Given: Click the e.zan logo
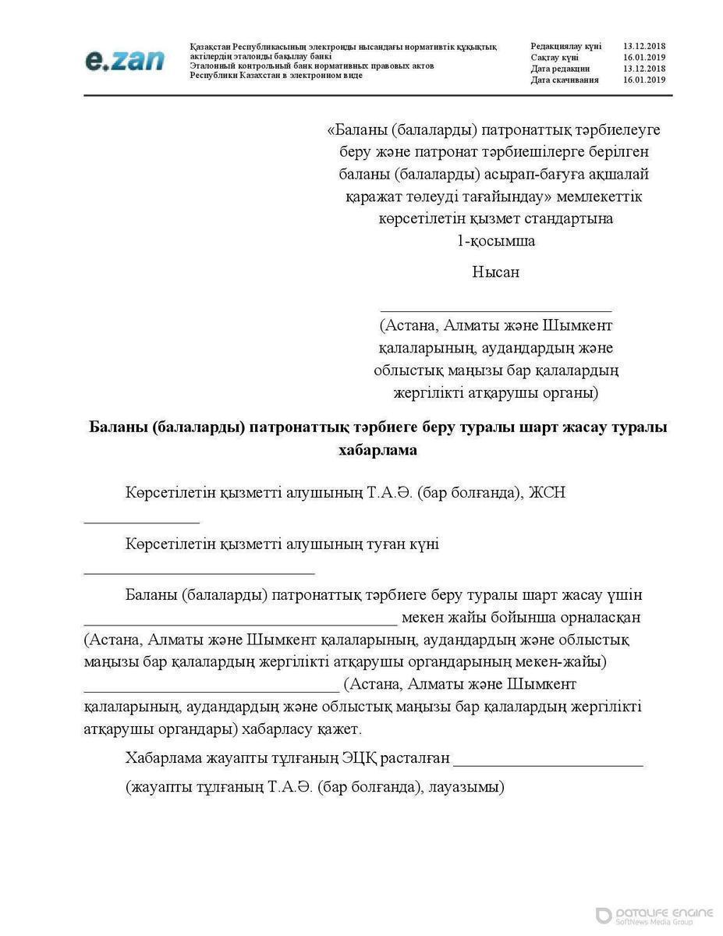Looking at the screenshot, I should coord(125,60).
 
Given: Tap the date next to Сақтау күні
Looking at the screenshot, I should coord(643,58).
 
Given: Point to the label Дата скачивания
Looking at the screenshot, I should coord(565,80).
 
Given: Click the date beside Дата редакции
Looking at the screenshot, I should coord(643,69).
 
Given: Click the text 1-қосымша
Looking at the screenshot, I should coord(496,241).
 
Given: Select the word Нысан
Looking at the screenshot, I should coord(495,272).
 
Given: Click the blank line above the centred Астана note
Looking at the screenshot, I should coord(495,310).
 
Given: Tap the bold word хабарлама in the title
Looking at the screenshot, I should coord(378,449).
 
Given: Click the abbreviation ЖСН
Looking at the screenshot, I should coord(547,493).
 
